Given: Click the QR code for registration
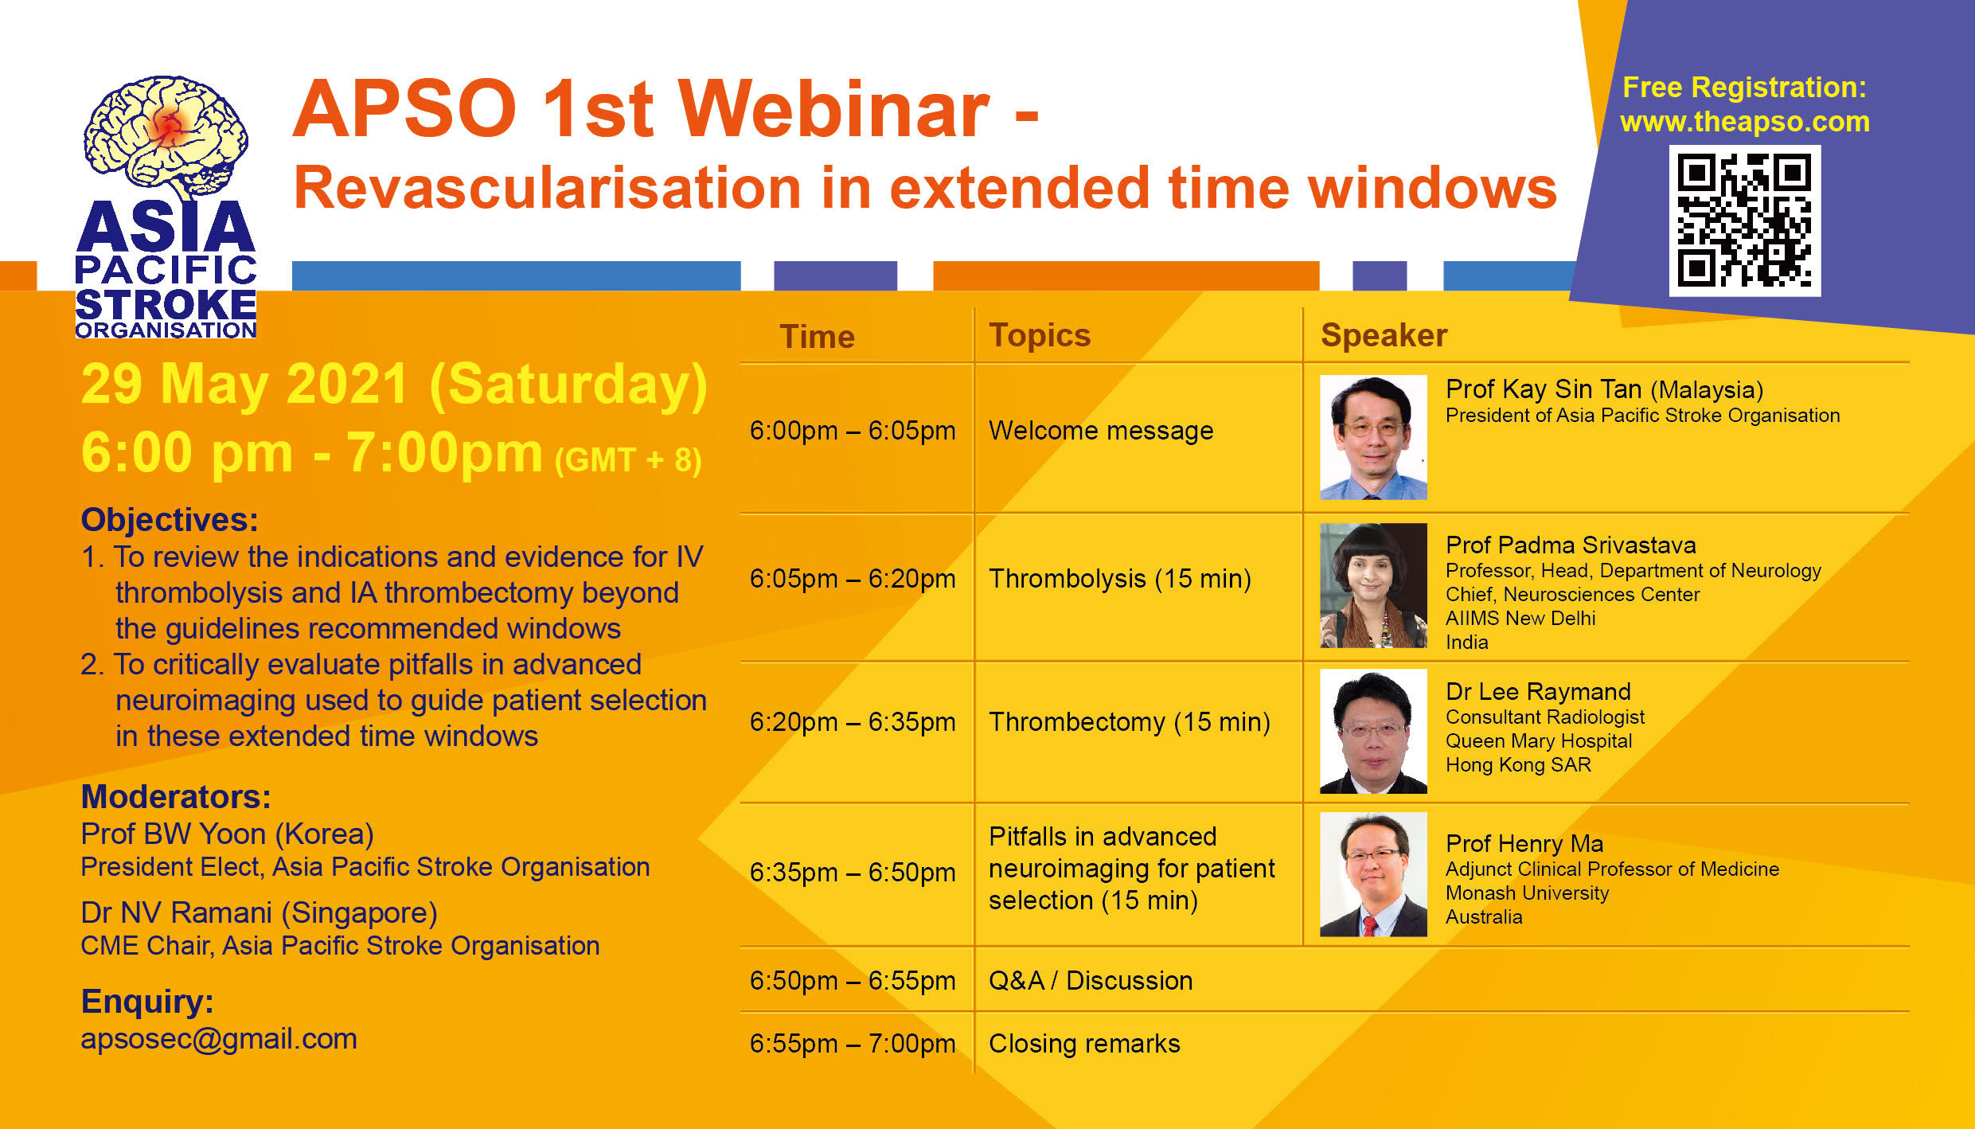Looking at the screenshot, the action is pyautogui.click(x=1744, y=221).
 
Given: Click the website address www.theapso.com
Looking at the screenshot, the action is pyautogui.click(x=1745, y=122).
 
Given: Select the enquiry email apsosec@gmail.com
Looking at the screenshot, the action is pyautogui.click(x=219, y=1040).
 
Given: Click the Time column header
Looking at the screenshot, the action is pyautogui.click(x=817, y=337).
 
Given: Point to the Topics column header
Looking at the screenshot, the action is pyautogui.click(x=1040, y=336).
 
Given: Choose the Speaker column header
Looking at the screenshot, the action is pyautogui.click(x=1384, y=335).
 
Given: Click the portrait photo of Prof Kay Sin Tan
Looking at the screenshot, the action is pyautogui.click(x=1373, y=437).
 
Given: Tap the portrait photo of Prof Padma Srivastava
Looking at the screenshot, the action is pyautogui.click(x=1373, y=585).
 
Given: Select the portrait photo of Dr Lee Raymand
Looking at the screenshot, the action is pyautogui.click(x=1373, y=732).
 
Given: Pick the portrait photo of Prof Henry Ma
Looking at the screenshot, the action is pyautogui.click(x=1373, y=874).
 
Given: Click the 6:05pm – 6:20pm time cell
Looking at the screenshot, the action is pyautogui.click(x=853, y=579).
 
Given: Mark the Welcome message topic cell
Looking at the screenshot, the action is pyautogui.click(x=1101, y=431).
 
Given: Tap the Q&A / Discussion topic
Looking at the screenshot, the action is pyautogui.click(x=1091, y=981).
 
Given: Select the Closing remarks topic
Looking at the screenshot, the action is pyautogui.click(x=1084, y=1044).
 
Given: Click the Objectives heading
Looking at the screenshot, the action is pyautogui.click(x=170, y=520).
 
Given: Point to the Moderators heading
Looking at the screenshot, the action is pyautogui.click(x=176, y=797).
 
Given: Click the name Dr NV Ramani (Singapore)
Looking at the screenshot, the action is pyautogui.click(x=259, y=914).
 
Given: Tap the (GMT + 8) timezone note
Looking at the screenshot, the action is pyautogui.click(x=628, y=460).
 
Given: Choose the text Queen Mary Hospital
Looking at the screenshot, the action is pyautogui.click(x=1539, y=741).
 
